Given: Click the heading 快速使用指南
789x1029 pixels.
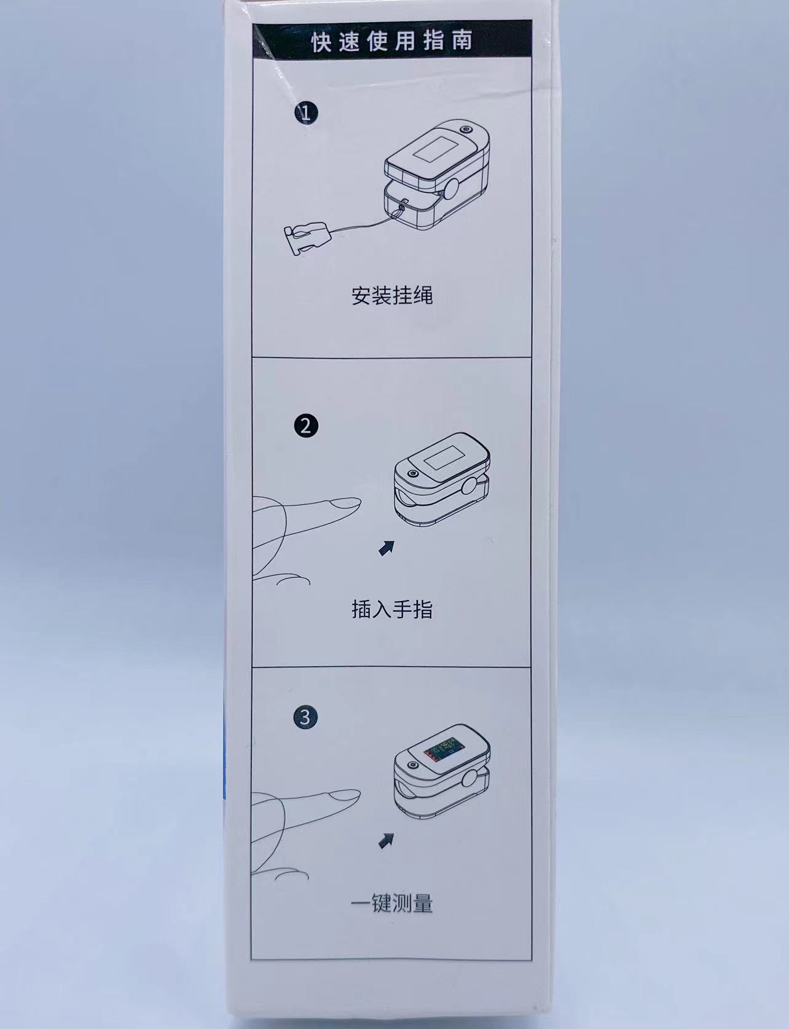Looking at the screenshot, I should pos(392,41).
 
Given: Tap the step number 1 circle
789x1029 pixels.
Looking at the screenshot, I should pos(306,112).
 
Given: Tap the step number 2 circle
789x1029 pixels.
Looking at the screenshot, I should pos(306,426).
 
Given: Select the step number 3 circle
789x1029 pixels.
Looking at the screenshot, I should pos(306,717).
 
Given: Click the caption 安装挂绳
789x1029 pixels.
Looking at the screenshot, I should pos(392,296).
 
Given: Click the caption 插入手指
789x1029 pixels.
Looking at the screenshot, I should pos(392,609).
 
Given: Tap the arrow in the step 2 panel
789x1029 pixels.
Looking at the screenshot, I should pos(387,548).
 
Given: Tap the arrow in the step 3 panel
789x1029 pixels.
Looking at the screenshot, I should pos(387,840).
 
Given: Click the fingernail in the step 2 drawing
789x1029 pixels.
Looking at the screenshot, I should pos(343,503).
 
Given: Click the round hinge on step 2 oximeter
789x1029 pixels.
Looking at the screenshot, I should pos(471,488).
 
